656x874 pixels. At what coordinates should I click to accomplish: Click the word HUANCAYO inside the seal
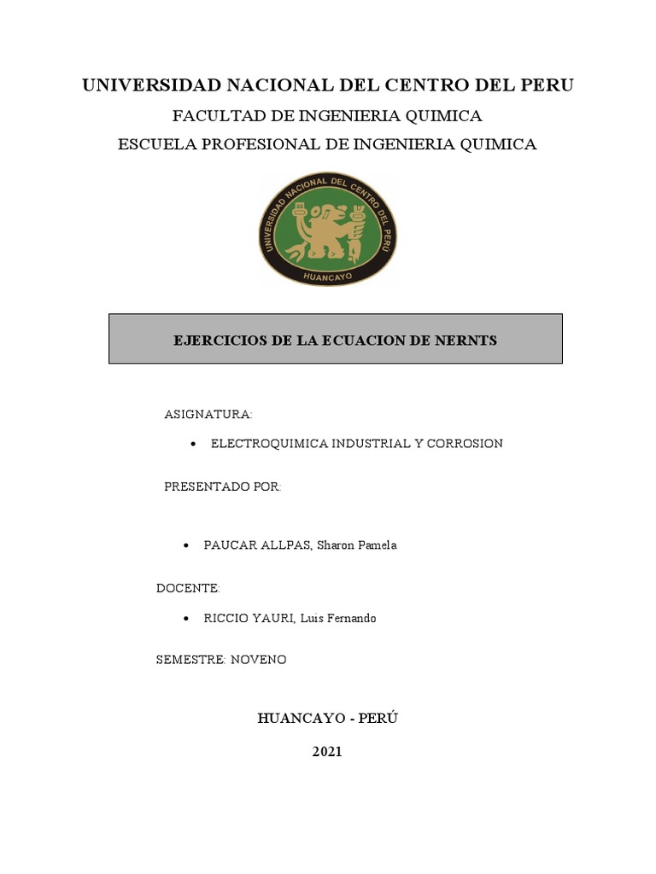pos(328,277)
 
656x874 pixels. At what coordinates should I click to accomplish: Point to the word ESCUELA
pos(155,144)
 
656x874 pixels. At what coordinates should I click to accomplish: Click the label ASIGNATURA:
pos(208,415)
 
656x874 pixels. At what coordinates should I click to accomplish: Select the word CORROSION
pos(464,444)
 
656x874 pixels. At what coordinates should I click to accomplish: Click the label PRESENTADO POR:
pos(222,487)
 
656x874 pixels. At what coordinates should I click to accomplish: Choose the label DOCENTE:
pos(188,589)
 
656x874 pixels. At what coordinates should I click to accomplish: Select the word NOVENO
pos(258,661)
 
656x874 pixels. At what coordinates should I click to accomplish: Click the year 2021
pos(327,752)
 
